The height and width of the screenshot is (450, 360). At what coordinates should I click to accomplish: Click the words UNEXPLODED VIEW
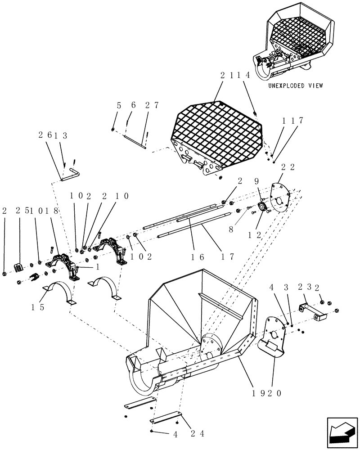294,85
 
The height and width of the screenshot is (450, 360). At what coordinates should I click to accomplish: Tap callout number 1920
267,392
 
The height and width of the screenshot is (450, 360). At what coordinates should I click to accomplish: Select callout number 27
152,105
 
